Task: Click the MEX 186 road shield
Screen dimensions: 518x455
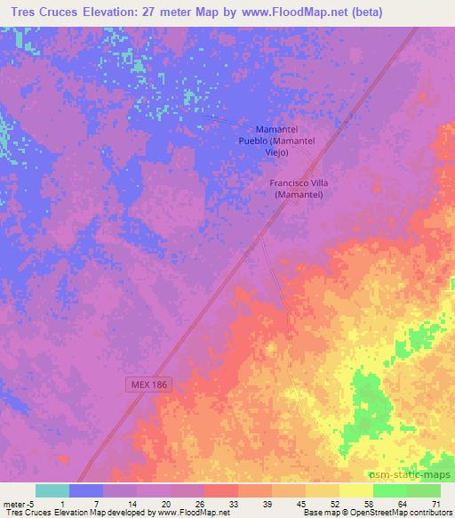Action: coord(145,384)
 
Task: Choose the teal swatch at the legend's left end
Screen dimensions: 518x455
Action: coord(52,490)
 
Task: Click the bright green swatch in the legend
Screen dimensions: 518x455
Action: coord(389,490)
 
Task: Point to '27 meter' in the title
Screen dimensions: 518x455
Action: coord(185,12)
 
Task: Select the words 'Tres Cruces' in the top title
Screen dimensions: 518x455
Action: coord(44,12)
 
